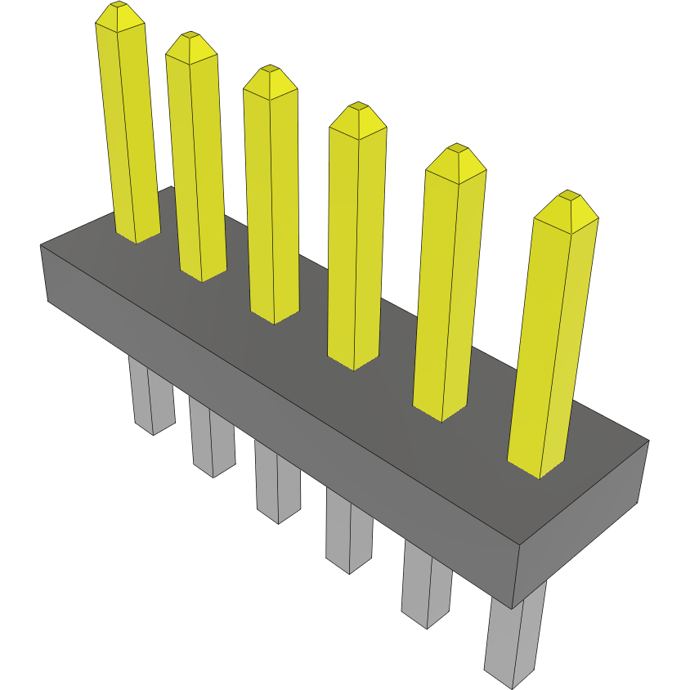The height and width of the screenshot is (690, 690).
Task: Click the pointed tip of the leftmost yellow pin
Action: tap(119, 7)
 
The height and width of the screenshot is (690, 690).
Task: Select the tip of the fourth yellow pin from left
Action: tap(357, 108)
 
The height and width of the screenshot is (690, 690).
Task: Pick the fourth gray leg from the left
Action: tap(349, 531)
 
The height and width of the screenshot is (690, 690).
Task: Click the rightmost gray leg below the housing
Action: tap(515, 638)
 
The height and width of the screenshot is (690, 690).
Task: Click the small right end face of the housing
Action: tap(582, 523)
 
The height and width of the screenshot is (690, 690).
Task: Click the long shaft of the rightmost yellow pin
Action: tap(552, 343)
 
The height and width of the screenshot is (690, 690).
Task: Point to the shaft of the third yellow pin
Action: tap(272, 204)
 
